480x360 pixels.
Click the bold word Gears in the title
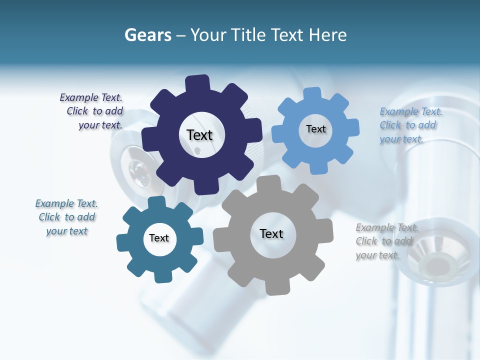click(147, 35)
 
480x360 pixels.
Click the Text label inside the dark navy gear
click(199, 135)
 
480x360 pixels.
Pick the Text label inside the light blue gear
click(315, 129)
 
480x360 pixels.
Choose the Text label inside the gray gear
click(271, 233)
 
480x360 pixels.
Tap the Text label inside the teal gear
click(159, 238)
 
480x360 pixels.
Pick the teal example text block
click(66, 217)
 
